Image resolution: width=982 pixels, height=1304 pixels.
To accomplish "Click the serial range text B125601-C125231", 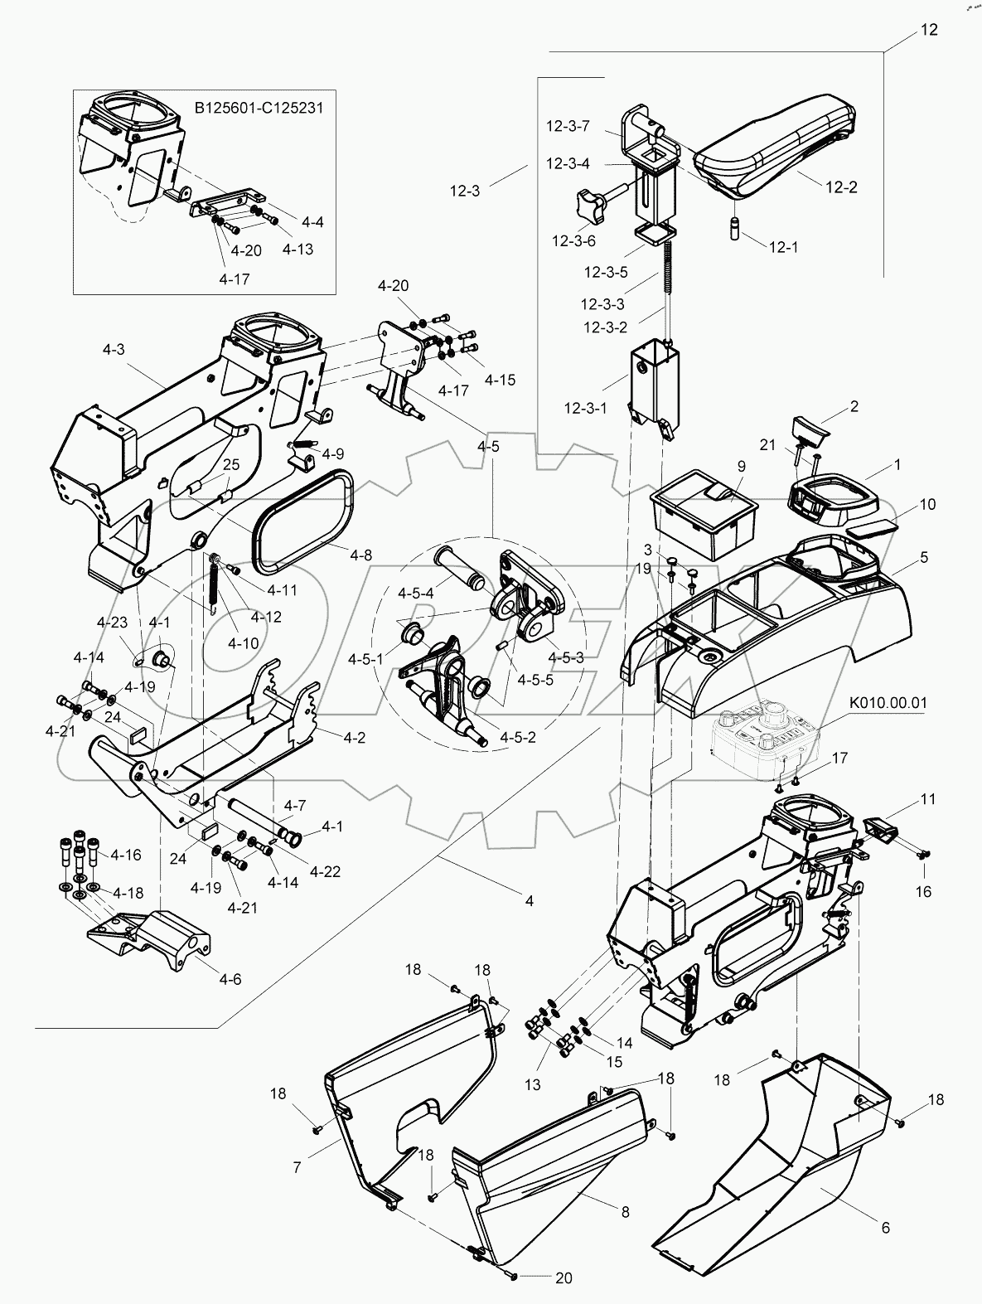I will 258,108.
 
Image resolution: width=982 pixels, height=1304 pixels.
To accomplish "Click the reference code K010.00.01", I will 888,703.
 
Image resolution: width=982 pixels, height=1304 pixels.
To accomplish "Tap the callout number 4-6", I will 230,978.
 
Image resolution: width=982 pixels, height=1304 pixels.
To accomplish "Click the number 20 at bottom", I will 564,1278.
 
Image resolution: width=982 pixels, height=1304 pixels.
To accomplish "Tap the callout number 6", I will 886,1228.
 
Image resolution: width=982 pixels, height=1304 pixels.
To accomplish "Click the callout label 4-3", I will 114,349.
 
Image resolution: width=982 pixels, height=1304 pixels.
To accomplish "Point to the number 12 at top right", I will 929,30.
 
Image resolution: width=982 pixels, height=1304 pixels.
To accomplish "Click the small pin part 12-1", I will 733,227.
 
